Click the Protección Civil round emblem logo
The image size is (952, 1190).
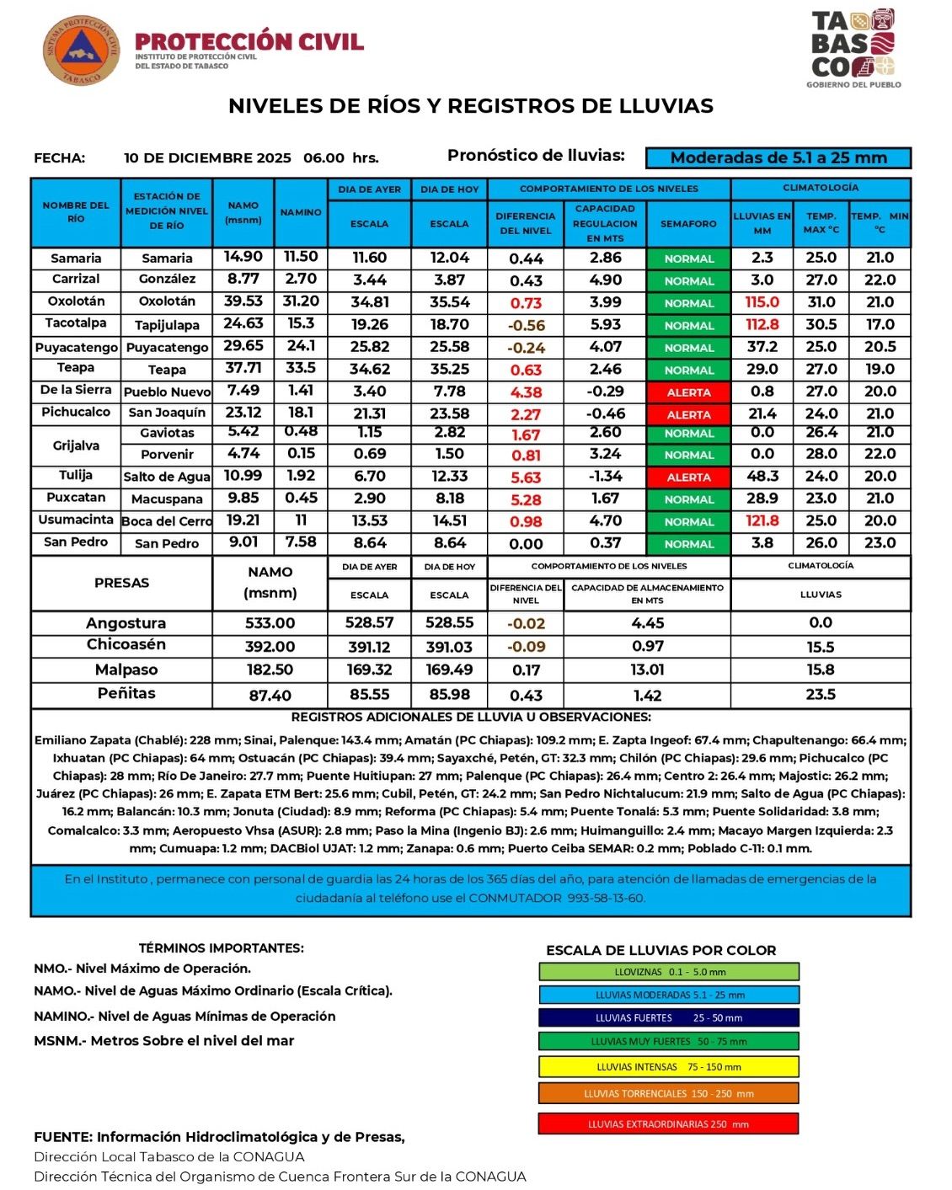[x=82, y=52]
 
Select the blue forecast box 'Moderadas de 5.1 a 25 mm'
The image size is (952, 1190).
[x=778, y=157]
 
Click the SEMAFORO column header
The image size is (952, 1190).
[x=688, y=224]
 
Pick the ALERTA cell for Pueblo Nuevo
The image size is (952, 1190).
[x=688, y=392]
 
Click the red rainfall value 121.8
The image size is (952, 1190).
[x=762, y=521]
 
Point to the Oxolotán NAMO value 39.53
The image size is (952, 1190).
[x=243, y=302]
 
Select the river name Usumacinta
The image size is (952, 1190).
[x=76, y=520]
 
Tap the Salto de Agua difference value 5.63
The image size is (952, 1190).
[x=526, y=478]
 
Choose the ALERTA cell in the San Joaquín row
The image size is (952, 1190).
[x=688, y=414]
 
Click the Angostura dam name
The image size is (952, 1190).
[x=126, y=623]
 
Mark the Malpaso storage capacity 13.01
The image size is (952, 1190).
[x=647, y=670]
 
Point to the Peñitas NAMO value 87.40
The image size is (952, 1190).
[x=270, y=696]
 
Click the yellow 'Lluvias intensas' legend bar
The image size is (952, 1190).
[x=669, y=1067]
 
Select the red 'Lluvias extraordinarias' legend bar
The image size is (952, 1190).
[x=669, y=1124]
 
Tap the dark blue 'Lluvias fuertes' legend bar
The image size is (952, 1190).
[x=669, y=1017]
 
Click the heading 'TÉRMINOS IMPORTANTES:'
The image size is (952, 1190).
[x=221, y=947]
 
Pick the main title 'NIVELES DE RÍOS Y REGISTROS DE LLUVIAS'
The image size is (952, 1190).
[x=471, y=106]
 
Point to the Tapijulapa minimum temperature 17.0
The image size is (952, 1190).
[x=880, y=324]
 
